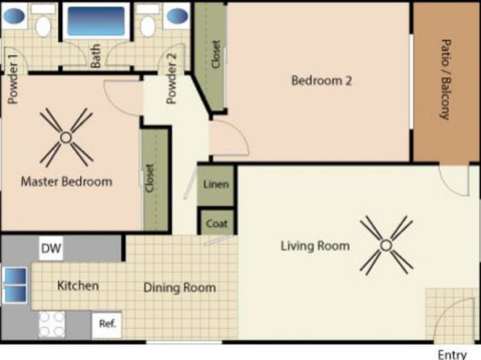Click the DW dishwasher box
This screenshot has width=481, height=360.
tap(51, 248)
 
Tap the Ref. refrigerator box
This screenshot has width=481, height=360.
tap(107, 324)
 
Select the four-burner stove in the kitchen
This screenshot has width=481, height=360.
tap(52, 324)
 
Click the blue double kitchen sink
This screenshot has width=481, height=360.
tap(15, 285)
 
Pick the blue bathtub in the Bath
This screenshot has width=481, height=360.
tap(96, 20)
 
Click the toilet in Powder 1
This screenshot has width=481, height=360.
tap(43, 21)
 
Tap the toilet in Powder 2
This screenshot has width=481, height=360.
tap(148, 21)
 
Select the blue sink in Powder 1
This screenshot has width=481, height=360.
tap(15, 15)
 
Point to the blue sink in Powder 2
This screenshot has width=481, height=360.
tap(177, 15)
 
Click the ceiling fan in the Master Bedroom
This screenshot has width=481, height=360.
tap(66, 137)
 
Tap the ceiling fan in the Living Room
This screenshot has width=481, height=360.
tap(387, 245)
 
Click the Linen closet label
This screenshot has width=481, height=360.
tap(216, 185)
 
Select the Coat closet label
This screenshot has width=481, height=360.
tap(217, 224)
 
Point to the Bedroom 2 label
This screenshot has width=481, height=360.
tap(321, 81)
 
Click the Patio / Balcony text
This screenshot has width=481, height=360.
tap(445, 79)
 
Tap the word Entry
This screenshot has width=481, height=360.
tap(452, 355)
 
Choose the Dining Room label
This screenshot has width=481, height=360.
tap(180, 287)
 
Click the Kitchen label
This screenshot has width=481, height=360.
tap(78, 286)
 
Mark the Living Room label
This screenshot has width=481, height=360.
tap(315, 246)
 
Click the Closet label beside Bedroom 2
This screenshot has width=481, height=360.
tap(216, 54)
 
